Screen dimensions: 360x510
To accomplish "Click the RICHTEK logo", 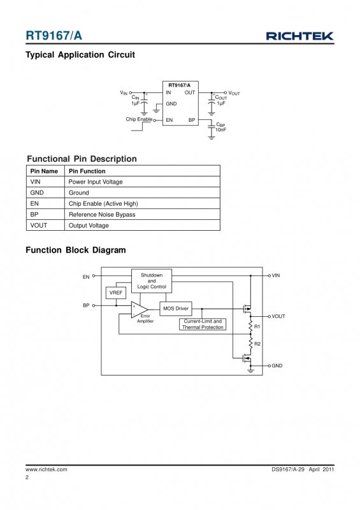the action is tap(300, 36).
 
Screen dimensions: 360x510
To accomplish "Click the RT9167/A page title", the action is tap(54, 36).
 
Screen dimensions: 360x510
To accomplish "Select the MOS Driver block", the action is tap(176, 309).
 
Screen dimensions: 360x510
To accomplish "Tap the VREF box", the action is tap(116, 293).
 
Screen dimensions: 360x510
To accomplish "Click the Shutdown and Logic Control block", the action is tap(152, 280).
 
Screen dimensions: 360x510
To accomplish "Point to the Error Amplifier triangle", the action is tap(139, 309).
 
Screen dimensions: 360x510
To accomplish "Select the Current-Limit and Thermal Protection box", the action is tap(203, 324).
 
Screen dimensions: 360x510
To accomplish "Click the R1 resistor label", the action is tap(257, 326).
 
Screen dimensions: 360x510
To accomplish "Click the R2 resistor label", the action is tap(257, 344).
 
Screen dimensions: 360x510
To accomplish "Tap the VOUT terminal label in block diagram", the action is tap(278, 316).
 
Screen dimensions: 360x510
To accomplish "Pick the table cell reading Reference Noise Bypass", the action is tap(102, 215).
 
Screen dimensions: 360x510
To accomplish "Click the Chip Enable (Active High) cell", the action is tap(103, 203).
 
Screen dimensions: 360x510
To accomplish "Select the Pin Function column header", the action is tap(87, 171).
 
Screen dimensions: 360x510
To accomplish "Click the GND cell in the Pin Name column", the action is tap(37, 193).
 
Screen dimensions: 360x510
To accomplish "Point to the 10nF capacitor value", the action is tap(220, 130).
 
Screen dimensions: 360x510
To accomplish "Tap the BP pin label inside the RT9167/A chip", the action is tap(192, 120).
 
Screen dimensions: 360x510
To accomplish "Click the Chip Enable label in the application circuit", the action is tap(139, 119).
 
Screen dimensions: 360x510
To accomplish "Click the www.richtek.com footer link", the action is tap(47, 469).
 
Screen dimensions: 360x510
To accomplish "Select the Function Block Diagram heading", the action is tap(76, 250).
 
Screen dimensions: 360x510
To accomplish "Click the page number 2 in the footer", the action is tap(27, 477).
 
